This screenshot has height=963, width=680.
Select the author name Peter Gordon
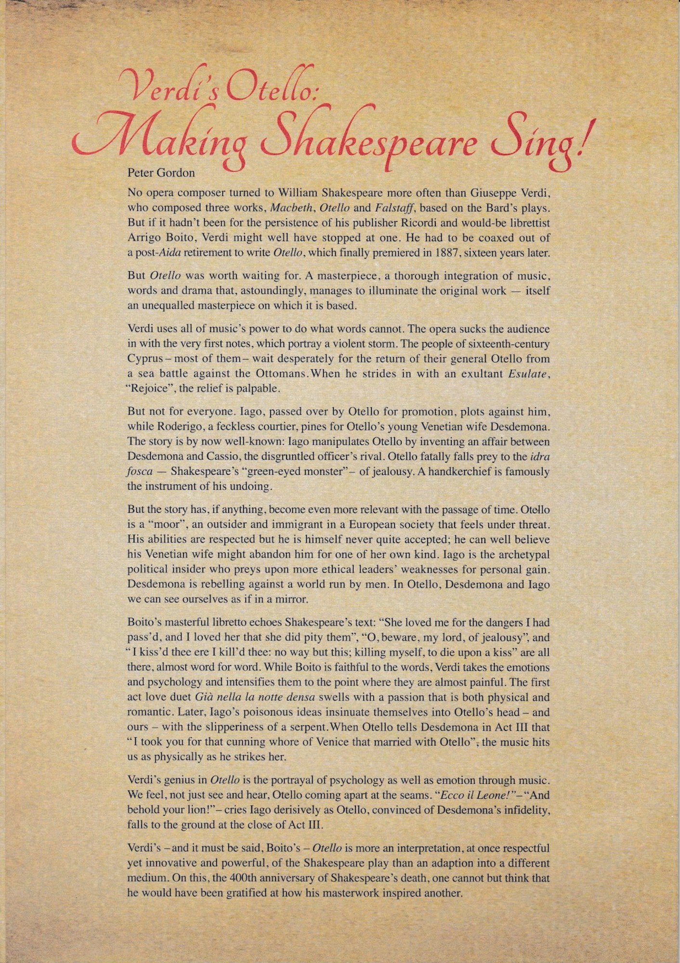tap(161, 173)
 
